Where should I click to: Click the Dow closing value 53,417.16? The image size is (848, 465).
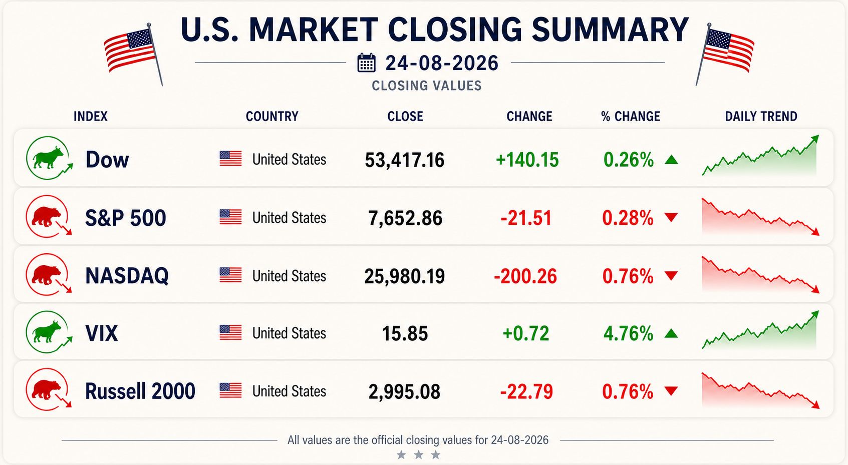click(x=404, y=160)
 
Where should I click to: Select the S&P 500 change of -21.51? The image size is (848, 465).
click(x=526, y=218)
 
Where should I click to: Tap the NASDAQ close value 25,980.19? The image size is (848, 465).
click(x=404, y=276)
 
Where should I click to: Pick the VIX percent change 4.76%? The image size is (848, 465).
click(x=629, y=334)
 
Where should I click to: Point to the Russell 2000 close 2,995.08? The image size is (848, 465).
click(x=404, y=391)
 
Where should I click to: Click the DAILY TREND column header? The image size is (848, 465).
click(x=761, y=116)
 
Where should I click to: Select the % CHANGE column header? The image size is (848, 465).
click(x=631, y=116)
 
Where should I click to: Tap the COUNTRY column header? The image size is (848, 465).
click(x=272, y=116)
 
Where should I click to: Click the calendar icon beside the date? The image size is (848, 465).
click(x=367, y=63)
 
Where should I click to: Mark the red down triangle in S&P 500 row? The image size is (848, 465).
click(x=671, y=217)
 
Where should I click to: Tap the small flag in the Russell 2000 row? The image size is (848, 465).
click(x=230, y=391)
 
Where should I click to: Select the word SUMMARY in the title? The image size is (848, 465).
click(x=610, y=30)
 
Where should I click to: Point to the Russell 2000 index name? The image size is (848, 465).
click(x=140, y=391)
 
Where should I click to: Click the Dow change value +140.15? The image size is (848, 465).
click(x=527, y=160)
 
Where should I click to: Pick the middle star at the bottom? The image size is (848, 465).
click(x=418, y=454)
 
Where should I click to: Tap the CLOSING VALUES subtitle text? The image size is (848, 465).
click(x=427, y=86)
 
